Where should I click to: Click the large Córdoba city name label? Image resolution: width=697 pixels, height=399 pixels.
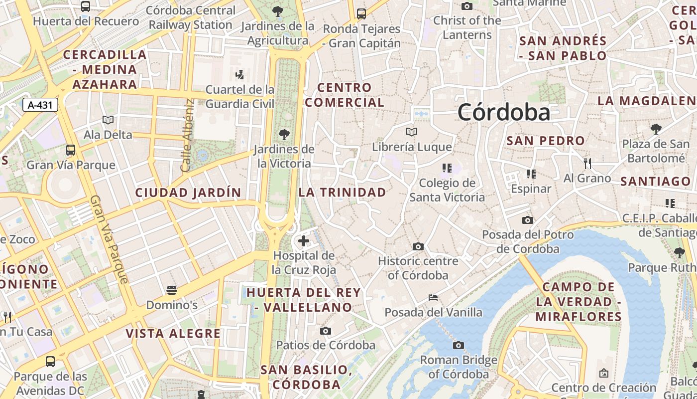click(503, 112)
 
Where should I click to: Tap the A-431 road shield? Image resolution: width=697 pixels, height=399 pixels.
click(40, 105)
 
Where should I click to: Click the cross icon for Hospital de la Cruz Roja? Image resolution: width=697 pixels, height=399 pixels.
click(303, 241)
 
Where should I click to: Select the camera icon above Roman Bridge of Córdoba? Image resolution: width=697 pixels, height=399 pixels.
click(458, 345)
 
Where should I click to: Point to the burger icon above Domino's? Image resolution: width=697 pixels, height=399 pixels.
click(172, 290)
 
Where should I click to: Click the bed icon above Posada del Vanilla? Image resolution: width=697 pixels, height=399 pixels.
click(433, 298)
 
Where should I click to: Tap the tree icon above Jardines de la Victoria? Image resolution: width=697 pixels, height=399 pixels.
click(284, 134)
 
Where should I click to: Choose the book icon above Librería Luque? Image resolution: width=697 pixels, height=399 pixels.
click(412, 132)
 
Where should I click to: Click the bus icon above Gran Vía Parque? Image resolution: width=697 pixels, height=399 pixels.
click(71, 150)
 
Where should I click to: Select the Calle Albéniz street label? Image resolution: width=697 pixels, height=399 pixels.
click(187, 136)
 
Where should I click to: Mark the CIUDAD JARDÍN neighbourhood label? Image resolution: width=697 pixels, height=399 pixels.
click(188, 193)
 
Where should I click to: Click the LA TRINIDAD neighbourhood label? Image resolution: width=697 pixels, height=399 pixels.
click(343, 193)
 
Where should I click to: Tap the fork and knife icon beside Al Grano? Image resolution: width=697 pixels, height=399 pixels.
click(587, 164)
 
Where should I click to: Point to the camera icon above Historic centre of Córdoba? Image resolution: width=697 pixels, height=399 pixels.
click(418, 246)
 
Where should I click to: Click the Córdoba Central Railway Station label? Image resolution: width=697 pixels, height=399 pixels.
click(191, 17)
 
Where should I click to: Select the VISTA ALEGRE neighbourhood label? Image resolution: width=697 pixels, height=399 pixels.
click(173, 334)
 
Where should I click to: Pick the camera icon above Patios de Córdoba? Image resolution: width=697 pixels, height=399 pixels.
click(326, 331)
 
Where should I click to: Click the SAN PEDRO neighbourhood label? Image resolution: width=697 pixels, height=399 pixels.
click(546, 141)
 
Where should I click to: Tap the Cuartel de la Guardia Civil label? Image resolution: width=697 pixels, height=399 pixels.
click(240, 97)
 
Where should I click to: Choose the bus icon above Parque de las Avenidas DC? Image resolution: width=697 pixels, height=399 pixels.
click(50, 362)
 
